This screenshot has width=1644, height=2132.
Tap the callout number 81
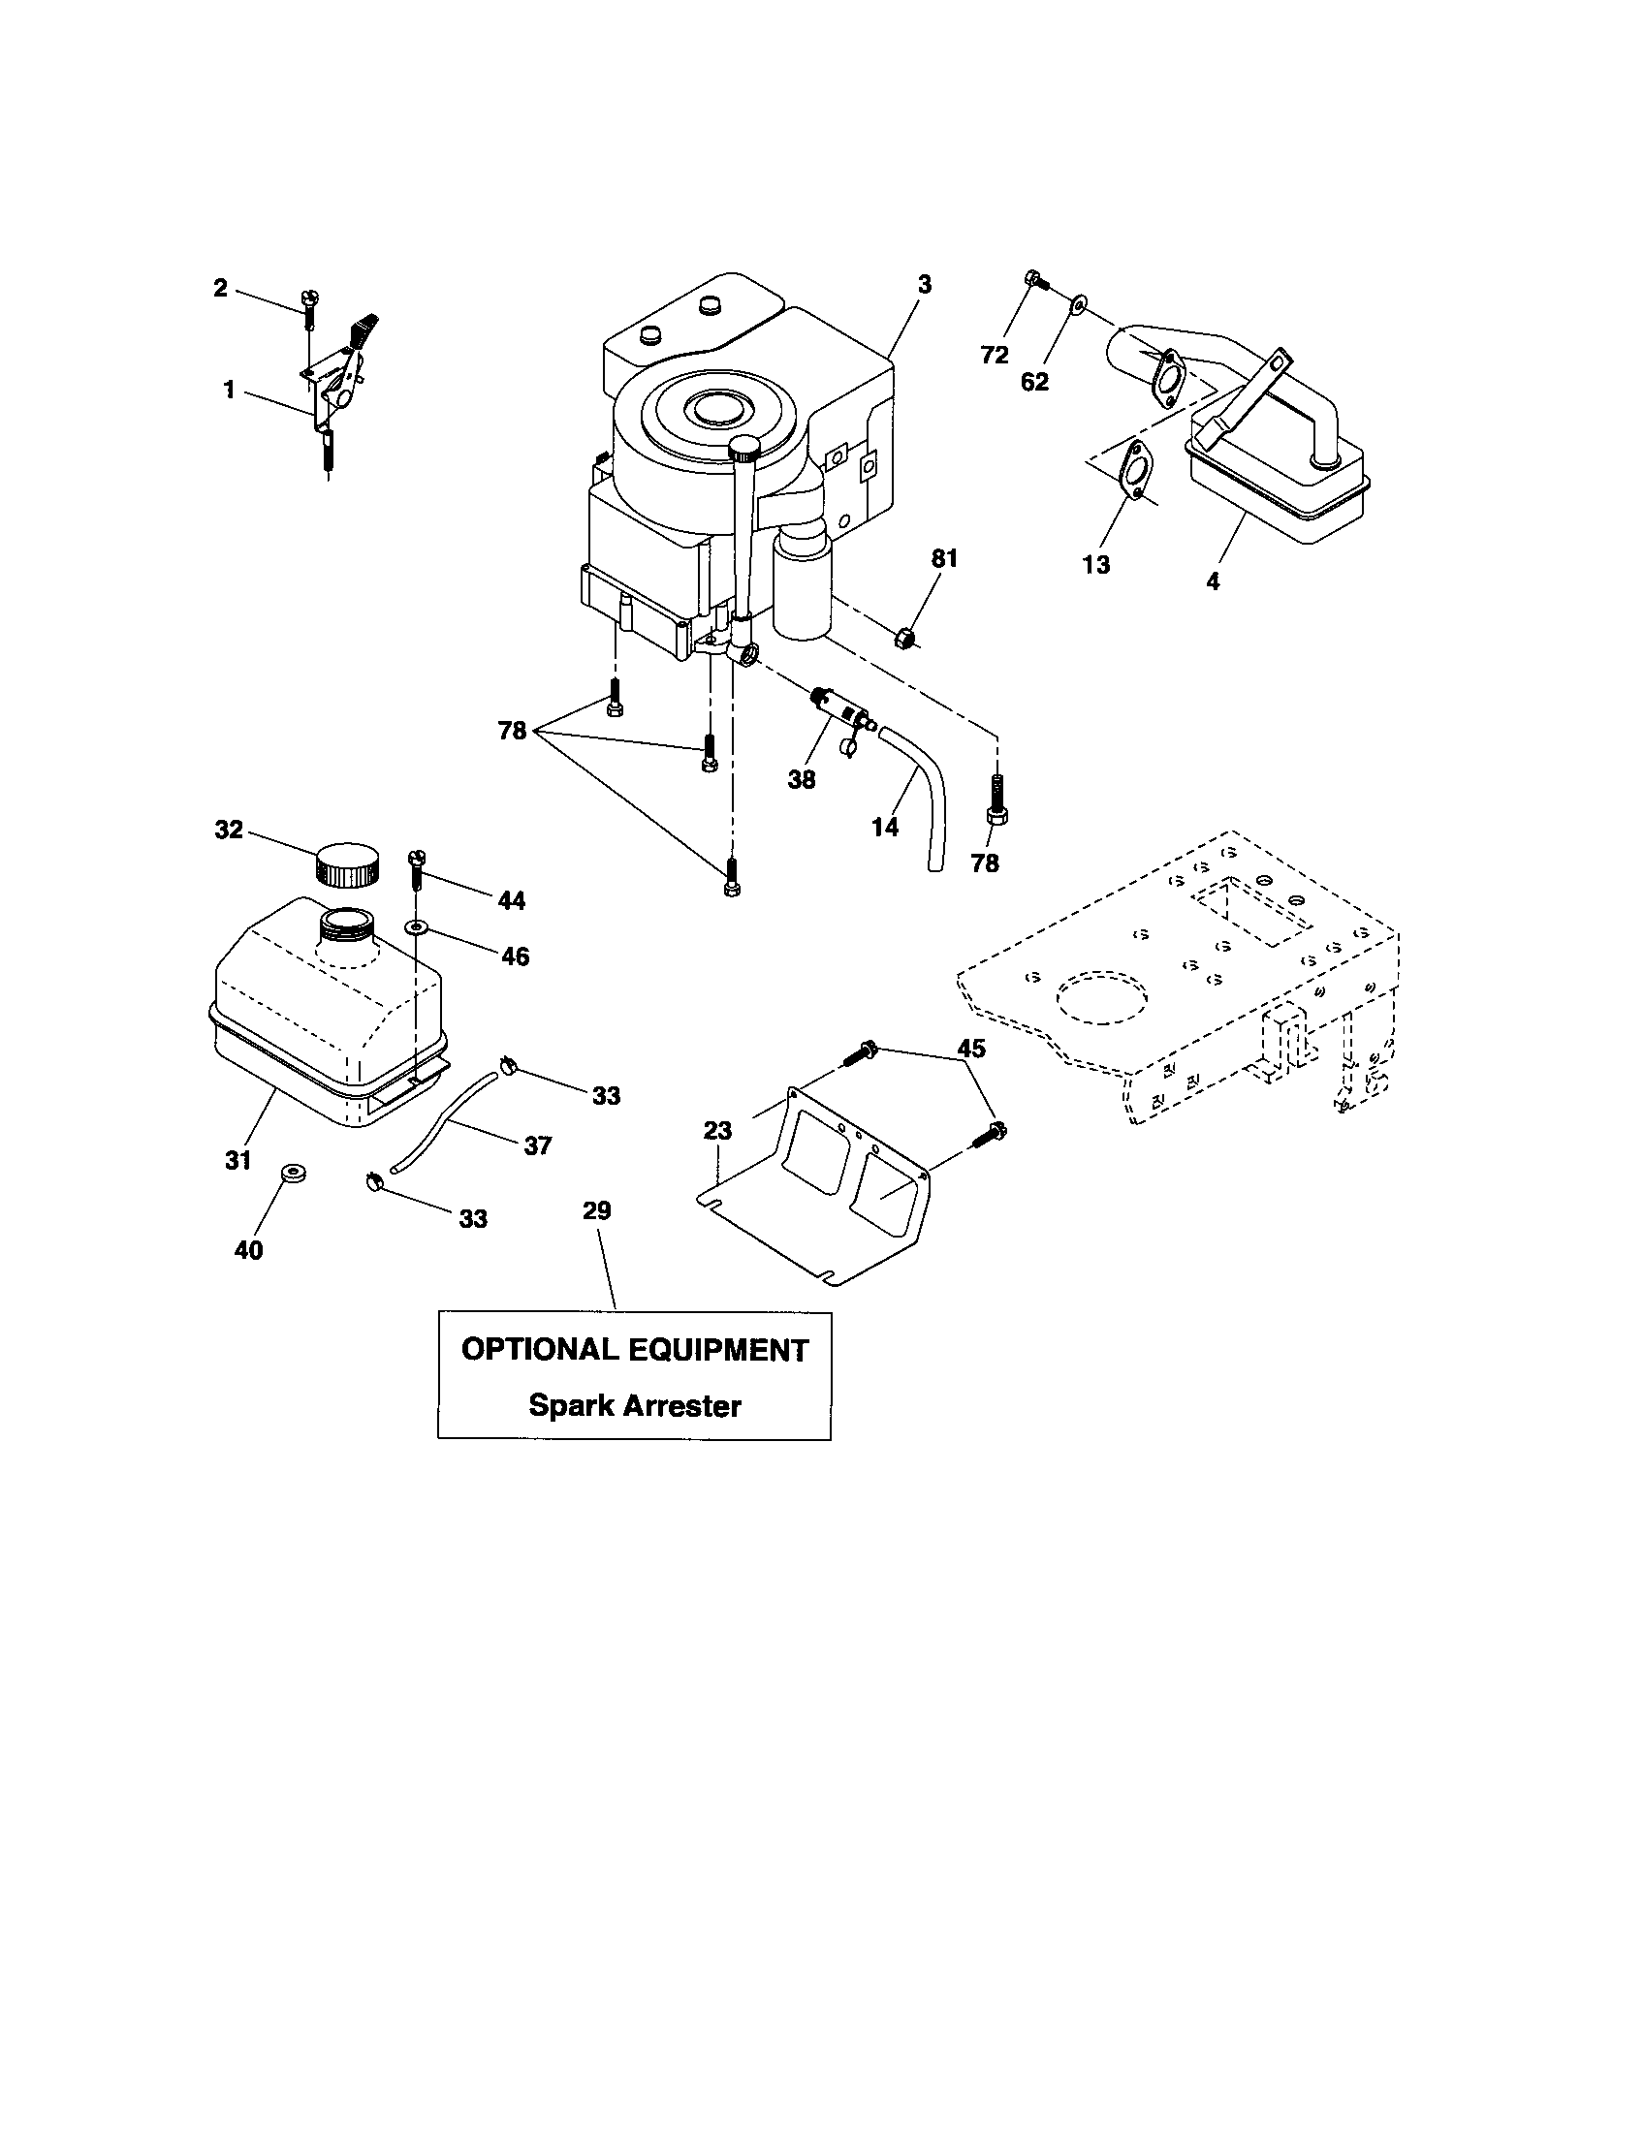coord(944,558)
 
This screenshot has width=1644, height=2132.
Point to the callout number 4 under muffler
coord(1212,580)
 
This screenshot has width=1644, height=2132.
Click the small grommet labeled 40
coord(290,1173)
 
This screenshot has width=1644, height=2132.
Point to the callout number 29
coord(596,1210)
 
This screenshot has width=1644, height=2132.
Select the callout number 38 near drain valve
coord(802,779)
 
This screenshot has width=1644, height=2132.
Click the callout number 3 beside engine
coord(924,284)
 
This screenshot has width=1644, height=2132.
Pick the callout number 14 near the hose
coord(884,827)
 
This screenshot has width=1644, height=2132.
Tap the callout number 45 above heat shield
coord(970,1049)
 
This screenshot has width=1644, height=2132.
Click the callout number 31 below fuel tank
coord(238,1160)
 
